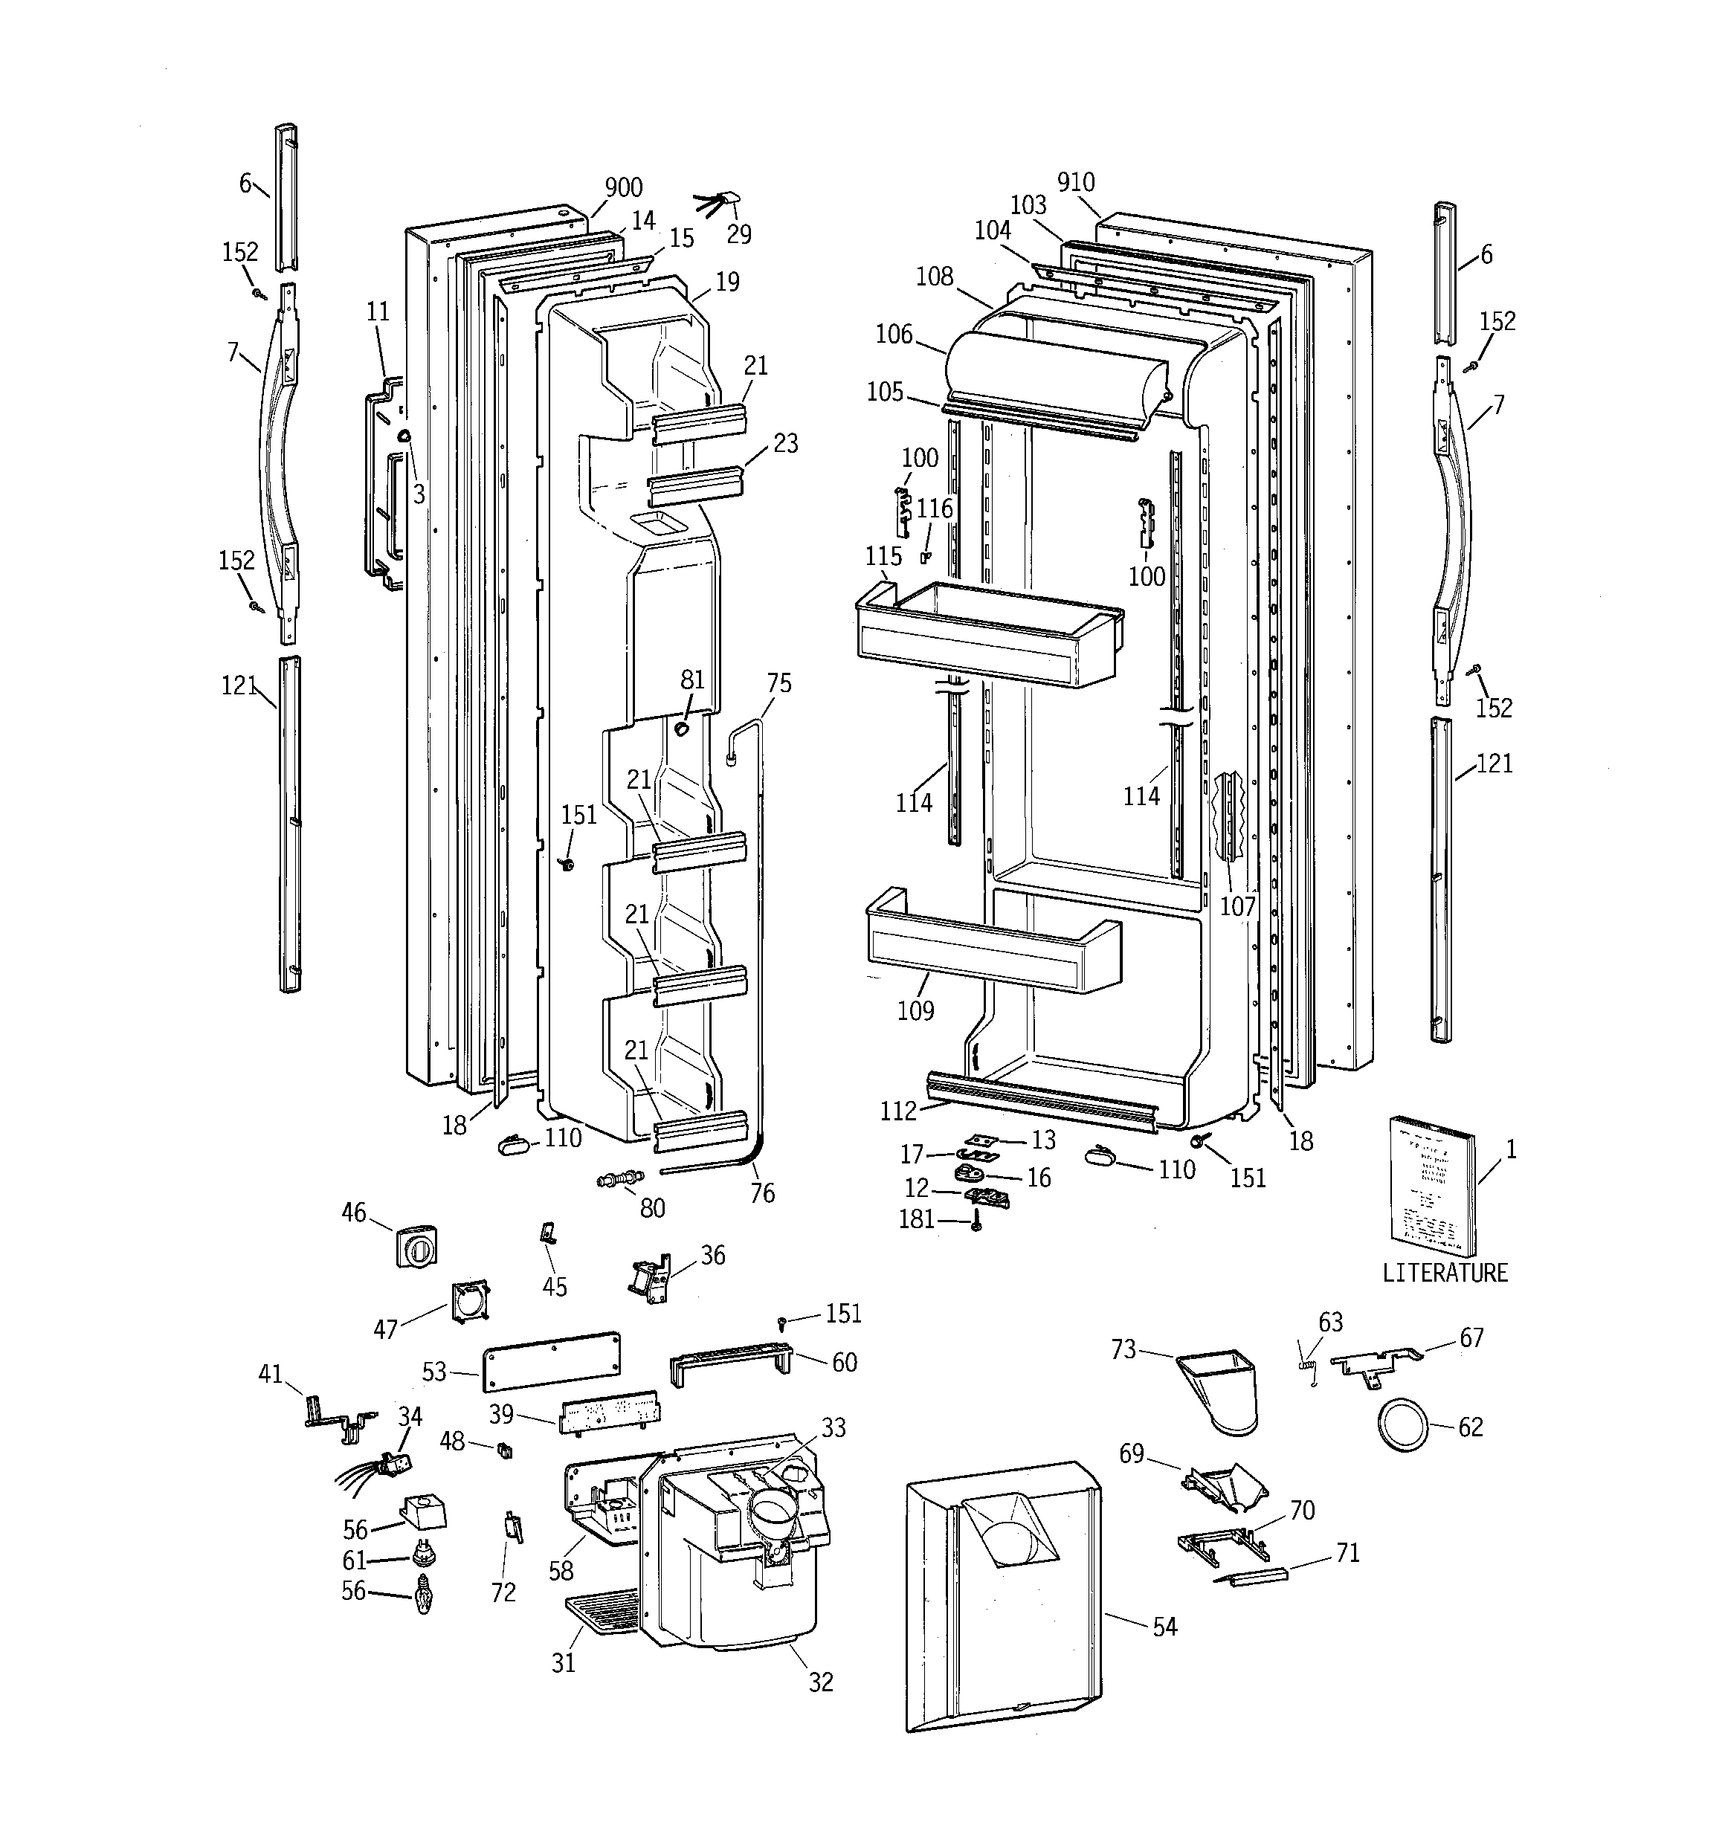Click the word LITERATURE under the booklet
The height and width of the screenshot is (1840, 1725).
[1445, 1273]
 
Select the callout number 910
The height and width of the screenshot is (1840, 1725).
[1075, 182]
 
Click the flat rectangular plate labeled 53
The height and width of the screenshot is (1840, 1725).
[551, 1360]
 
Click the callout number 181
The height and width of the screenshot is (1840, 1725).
[916, 1219]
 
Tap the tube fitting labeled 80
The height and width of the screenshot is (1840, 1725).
[620, 1180]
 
